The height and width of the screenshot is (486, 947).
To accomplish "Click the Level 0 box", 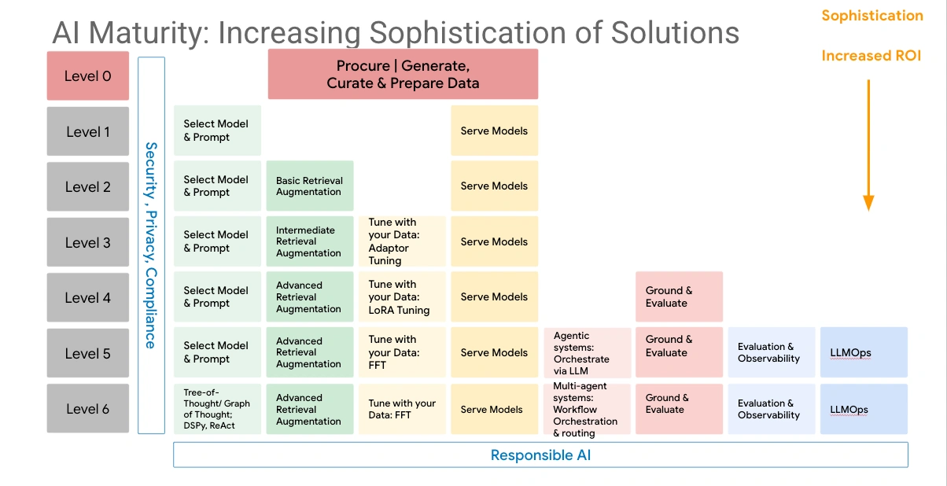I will point(87,76).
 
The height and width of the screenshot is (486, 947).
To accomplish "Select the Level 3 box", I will point(87,242).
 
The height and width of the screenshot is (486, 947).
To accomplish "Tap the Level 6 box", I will point(87,408).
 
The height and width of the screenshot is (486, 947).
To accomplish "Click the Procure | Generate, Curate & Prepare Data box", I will point(403,74).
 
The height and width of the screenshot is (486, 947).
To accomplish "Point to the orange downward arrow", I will point(868,145).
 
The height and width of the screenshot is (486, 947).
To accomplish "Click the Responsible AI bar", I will point(540,455).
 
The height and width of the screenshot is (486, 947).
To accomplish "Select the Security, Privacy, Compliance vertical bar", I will point(151,245).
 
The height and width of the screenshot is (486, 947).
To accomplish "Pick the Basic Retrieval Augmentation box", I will point(309,186).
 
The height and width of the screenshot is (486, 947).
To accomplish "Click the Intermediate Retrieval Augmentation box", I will point(309,241).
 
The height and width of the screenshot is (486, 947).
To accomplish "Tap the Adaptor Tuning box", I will point(402,241).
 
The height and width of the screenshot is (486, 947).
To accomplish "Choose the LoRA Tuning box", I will point(402,297).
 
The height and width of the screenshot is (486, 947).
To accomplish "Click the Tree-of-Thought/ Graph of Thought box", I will point(216,408).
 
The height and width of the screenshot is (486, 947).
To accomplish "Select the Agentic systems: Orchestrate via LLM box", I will point(587,353).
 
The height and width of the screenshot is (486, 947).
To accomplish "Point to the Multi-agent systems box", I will point(587,408).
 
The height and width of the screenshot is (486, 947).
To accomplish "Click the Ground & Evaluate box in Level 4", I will point(679,296).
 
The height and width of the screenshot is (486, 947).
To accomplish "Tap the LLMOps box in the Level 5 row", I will point(863,353).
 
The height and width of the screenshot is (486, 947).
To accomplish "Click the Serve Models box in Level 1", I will point(494,131).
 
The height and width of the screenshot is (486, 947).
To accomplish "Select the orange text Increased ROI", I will point(871,56).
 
